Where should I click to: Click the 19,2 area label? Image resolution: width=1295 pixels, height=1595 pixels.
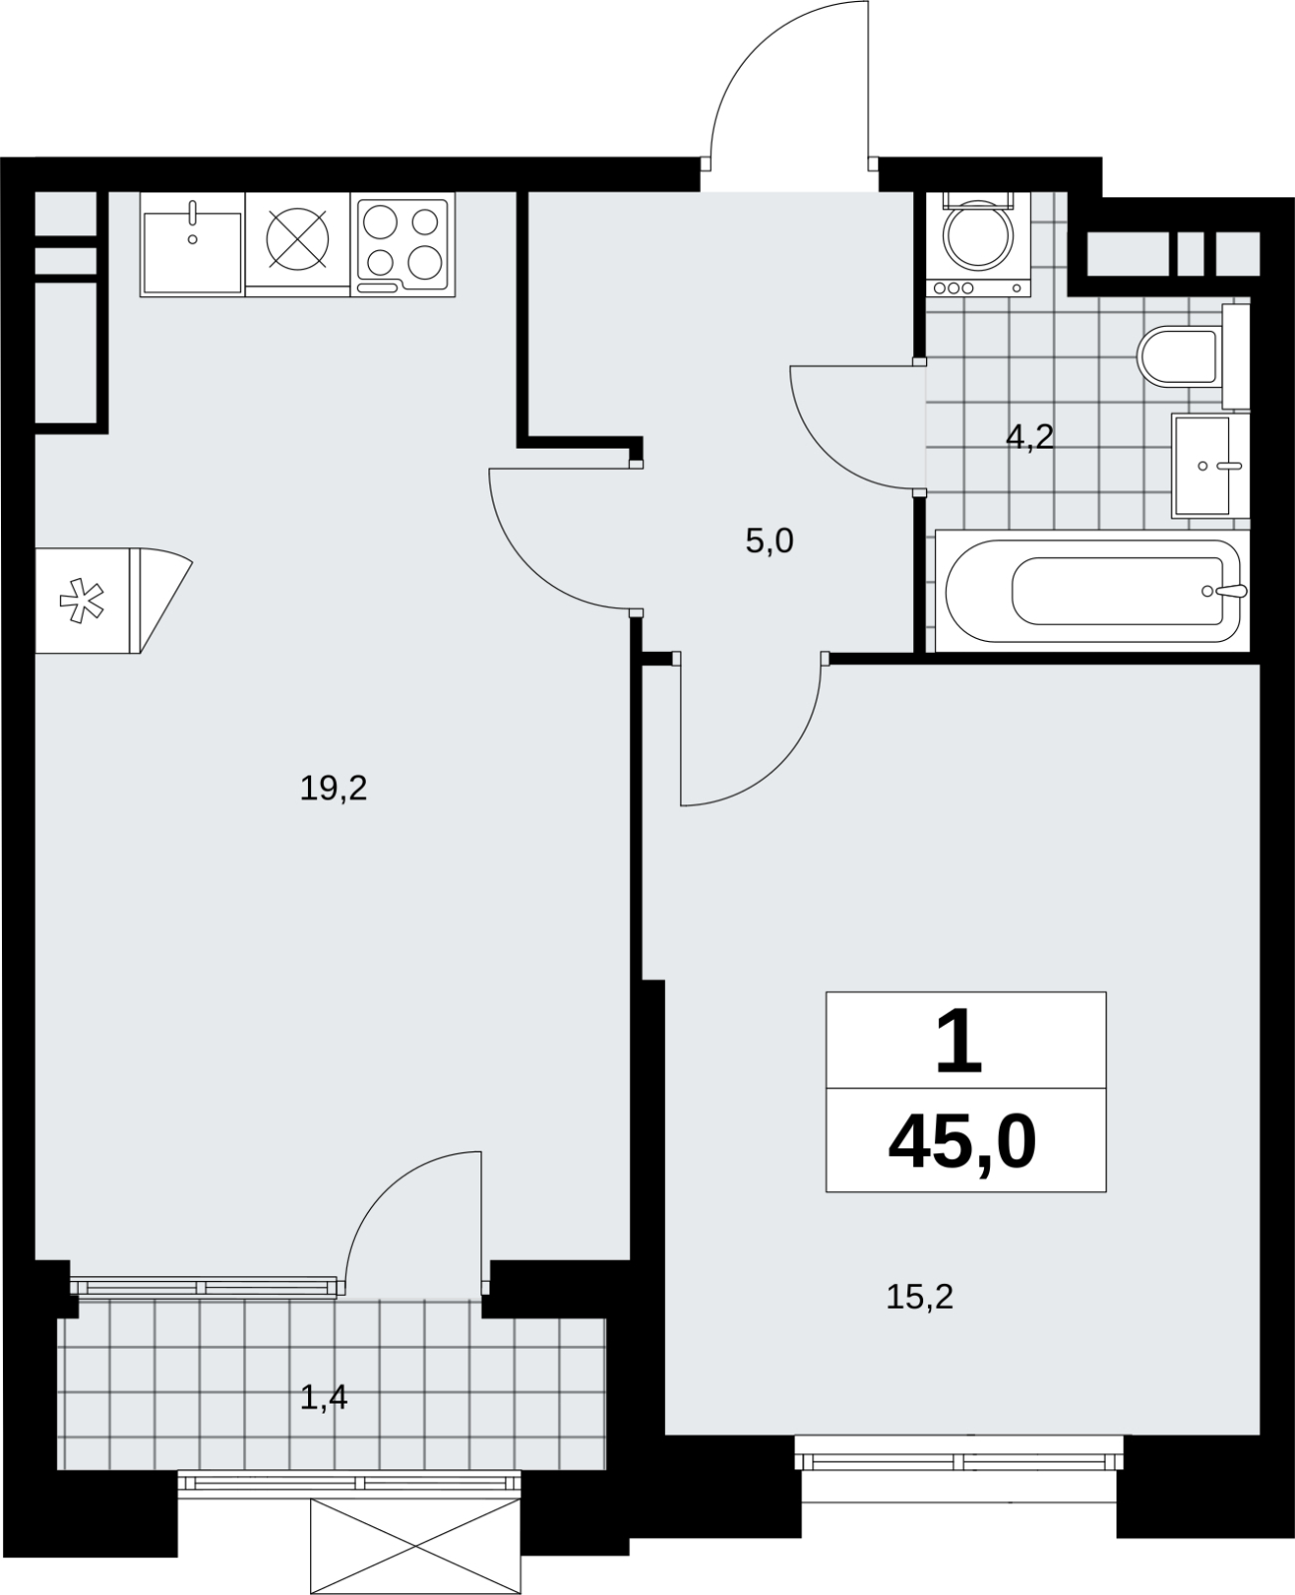[x=333, y=790]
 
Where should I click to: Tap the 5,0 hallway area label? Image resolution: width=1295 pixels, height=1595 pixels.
[x=770, y=540]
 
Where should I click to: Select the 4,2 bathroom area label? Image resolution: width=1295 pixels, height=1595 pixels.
[x=1029, y=437]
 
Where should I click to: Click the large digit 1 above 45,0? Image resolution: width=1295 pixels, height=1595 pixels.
[x=959, y=1042]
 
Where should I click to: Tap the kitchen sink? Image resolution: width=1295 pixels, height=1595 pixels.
[x=192, y=245]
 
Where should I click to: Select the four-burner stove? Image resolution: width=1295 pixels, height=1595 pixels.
[x=403, y=245]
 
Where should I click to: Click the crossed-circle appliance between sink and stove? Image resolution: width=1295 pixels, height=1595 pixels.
[x=297, y=239]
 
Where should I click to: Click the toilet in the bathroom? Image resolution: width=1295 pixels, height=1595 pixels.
[x=1192, y=357]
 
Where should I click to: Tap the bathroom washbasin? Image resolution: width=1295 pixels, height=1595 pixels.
[x=1210, y=466]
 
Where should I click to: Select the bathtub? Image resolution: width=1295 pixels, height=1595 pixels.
[x=1093, y=591]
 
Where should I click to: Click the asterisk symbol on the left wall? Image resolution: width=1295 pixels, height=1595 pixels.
[x=83, y=600]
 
